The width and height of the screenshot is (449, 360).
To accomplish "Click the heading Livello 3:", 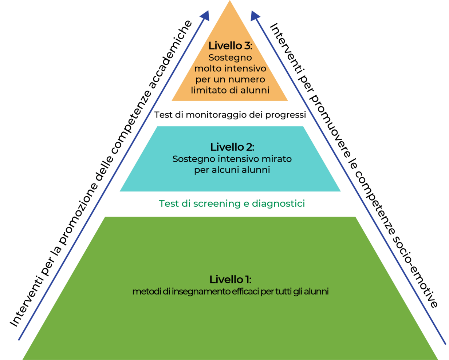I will click(x=230, y=46).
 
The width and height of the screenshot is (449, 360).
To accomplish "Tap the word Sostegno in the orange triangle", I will click(x=230, y=58).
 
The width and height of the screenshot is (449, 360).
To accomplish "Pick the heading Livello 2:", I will click(x=232, y=147).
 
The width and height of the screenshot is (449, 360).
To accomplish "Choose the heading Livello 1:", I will click(x=230, y=280).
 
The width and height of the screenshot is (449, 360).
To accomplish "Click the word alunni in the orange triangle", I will click(x=255, y=90).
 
